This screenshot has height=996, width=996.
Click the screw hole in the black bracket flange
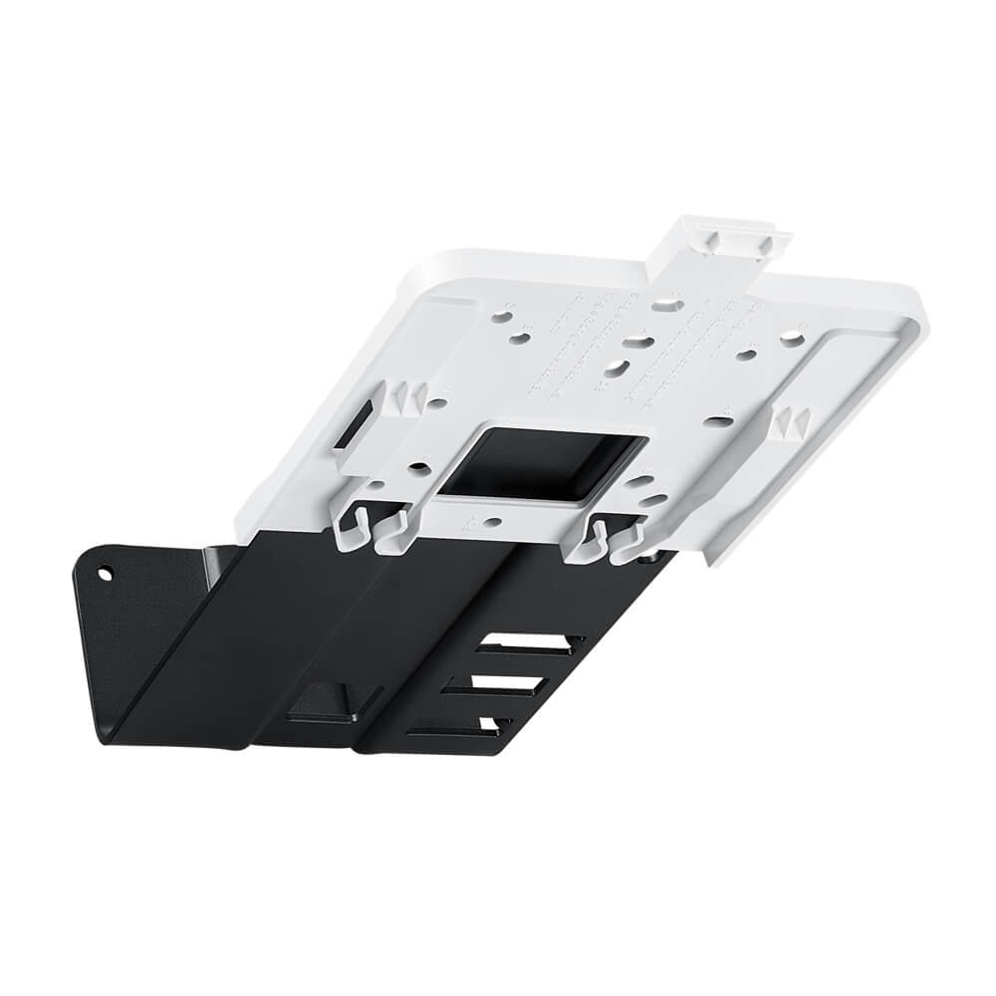(x=105, y=574)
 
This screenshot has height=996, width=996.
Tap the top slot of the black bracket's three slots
(x=528, y=645)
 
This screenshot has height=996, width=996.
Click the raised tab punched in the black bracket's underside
(x=321, y=702)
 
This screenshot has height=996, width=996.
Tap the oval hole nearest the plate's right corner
(x=792, y=341)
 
